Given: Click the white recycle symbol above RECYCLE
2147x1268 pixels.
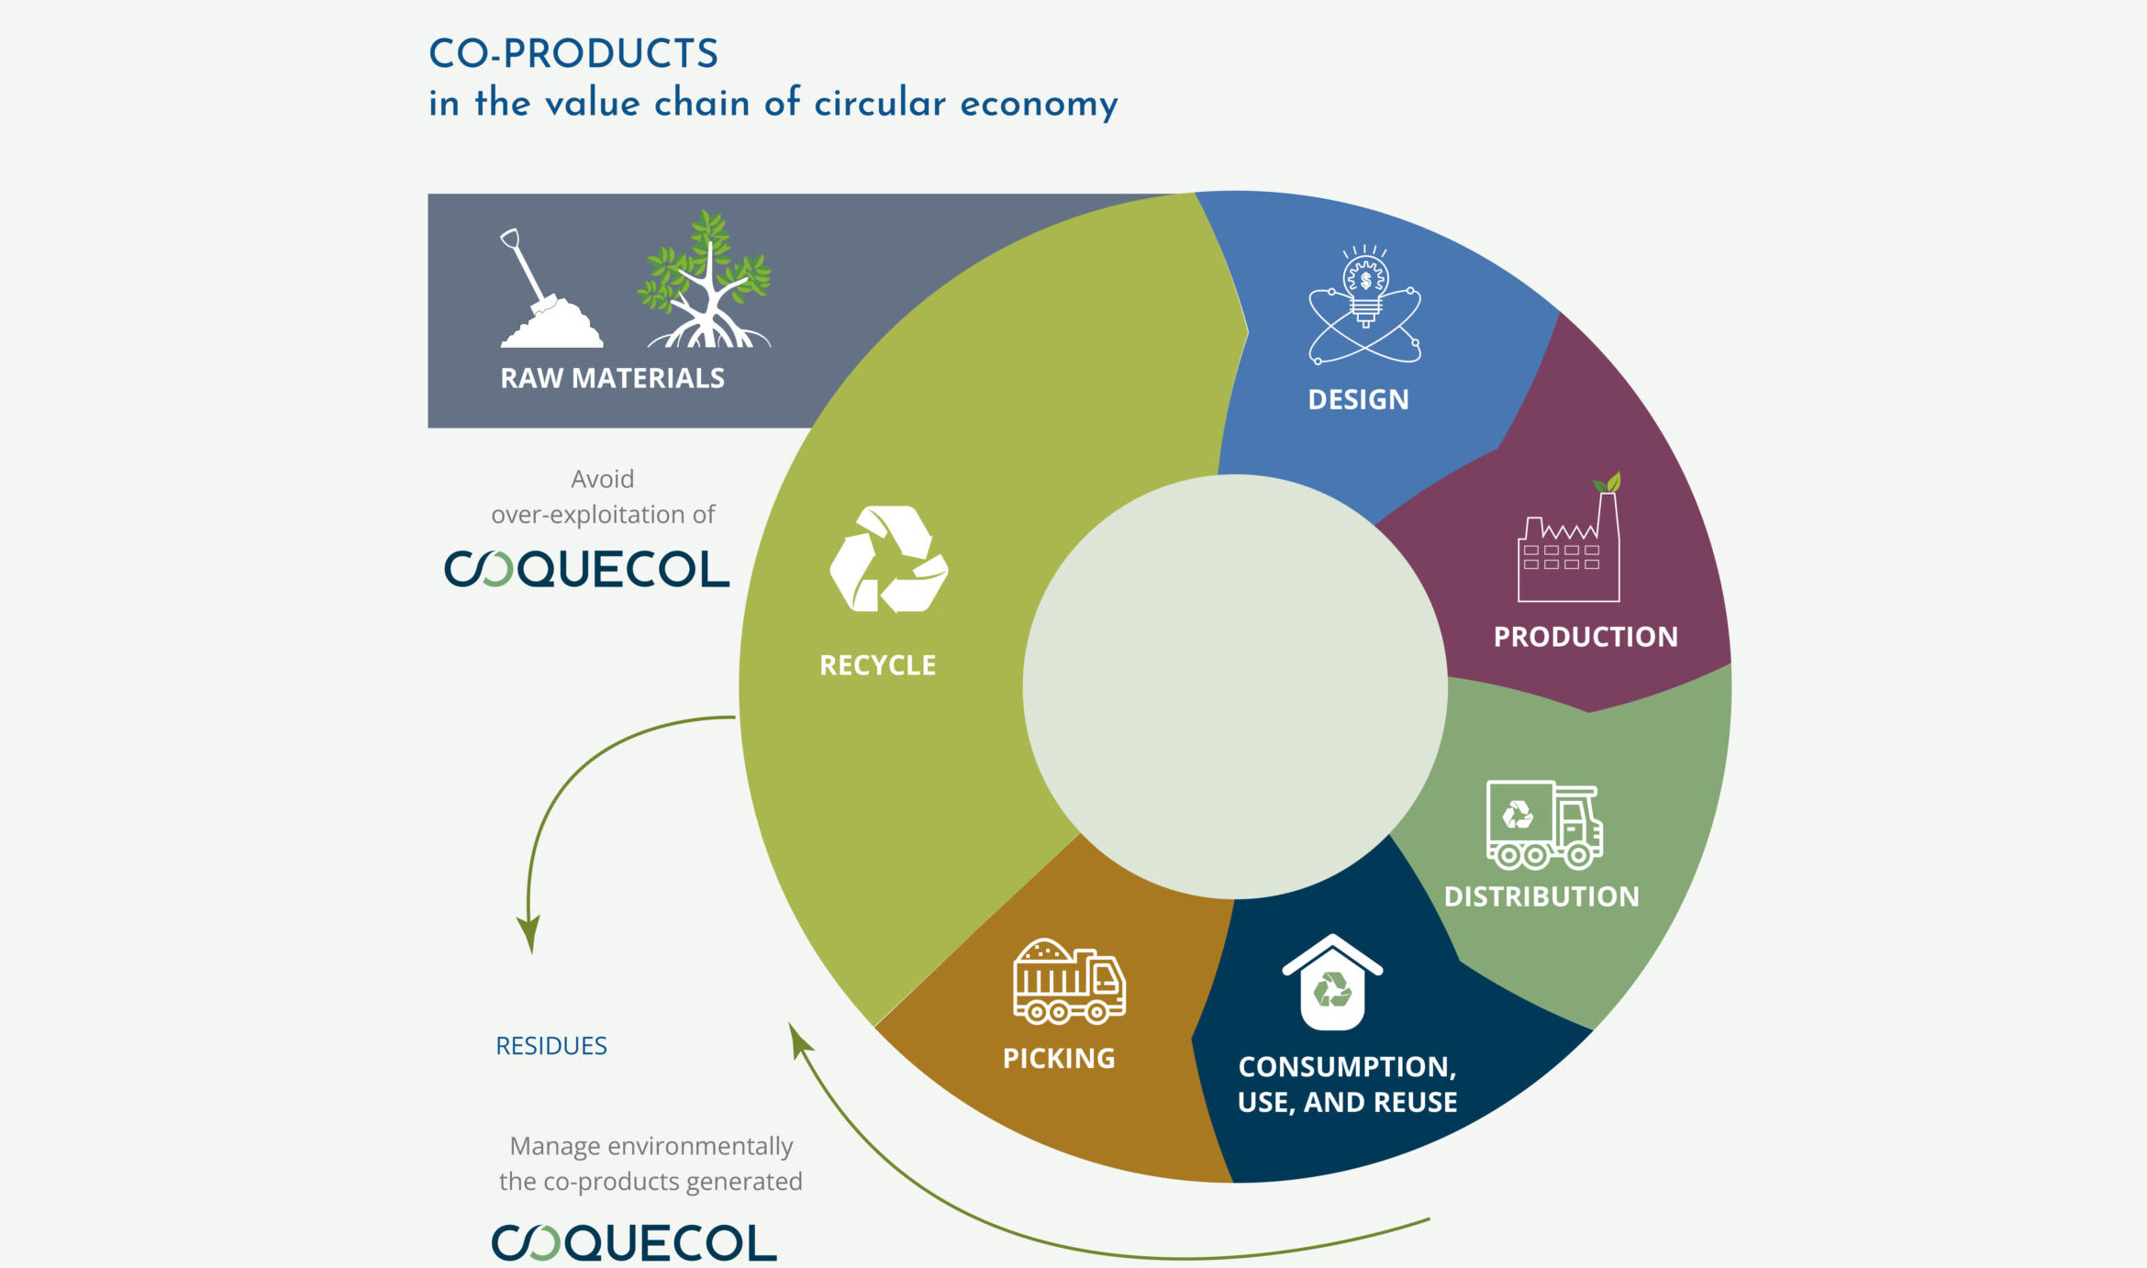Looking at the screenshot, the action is click(x=888, y=559).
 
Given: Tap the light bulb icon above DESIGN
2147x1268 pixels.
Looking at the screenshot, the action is click(x=1365, y=304).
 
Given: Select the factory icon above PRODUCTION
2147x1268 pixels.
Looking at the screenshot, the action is click(x=1569, y=538).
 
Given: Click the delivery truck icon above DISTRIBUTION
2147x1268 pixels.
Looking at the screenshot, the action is click(x=1544, y=824).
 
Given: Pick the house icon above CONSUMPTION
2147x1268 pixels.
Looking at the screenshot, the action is click(x=1332, y=982).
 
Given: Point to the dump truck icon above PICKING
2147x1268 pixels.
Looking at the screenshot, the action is click(x=1069, y=981).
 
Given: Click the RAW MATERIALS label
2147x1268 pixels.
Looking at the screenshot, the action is click(x=612, y=378).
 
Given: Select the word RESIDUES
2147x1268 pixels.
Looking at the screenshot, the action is click(x=551, y=1046).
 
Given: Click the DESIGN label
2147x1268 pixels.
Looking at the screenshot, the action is click(x=1358, y=400).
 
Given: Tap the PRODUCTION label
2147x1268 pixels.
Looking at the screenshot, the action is click(x=1585, y=637).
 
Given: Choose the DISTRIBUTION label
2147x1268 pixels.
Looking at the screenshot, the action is click(x=1541, y=896).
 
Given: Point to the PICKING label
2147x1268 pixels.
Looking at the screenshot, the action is click(x=1059, y=1059).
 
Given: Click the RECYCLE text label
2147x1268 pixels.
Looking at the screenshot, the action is click(x=877, y=665).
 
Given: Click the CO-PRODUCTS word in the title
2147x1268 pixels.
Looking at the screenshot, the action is click(x=573, y=53).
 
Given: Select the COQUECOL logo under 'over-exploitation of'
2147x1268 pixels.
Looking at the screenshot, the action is click(x=587, y=569).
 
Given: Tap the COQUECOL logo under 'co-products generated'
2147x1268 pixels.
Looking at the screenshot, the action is click(x=634, y=1242).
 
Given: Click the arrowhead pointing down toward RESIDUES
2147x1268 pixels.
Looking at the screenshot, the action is click(x=529, y=934).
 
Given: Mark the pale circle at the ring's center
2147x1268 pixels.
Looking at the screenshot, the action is click(x=1235, y=686).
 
